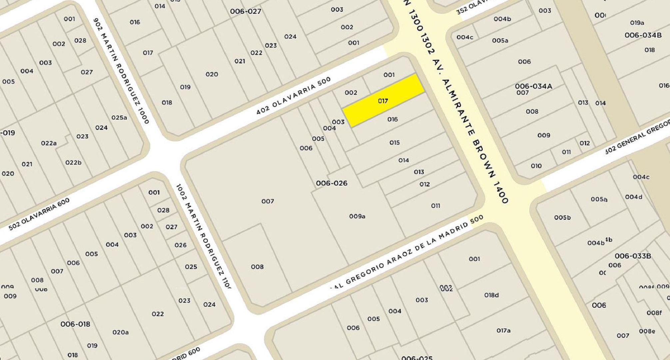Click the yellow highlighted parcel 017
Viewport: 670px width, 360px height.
click(383, 100)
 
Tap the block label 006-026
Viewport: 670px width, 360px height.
click(332, 183)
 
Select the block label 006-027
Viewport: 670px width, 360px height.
click(246, 11)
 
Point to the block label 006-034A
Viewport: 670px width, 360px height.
click(533, 86)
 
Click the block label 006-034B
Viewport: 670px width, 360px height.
click(643, 35)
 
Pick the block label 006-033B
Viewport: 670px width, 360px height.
click(633, 256)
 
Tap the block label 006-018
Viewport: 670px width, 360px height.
click(75, 324)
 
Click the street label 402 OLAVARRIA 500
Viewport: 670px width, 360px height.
click(294, 96)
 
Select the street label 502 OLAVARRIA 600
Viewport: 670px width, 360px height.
click(39, 214)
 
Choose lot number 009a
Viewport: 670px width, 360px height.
click(357, 216)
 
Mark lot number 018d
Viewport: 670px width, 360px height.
click(491, 295)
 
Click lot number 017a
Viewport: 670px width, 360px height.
click(503, 330)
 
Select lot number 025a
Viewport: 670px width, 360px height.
click(119, 117)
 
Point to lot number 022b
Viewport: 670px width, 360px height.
click(73, 162)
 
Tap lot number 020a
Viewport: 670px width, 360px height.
click(121, 332)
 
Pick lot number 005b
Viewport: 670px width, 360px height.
click(562, 217)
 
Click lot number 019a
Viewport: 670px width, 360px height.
click(637, 23)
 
